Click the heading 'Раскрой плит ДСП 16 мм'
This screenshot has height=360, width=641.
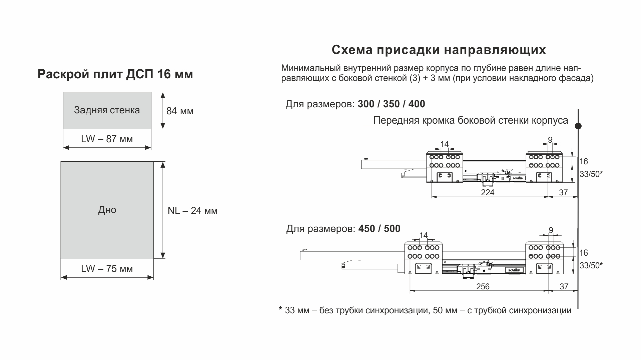[x=115, y=74]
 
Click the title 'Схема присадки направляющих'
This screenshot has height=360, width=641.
[x=439, y=50]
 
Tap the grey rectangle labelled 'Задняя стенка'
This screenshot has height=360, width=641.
[x=107, y=110]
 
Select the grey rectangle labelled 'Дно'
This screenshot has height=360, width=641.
[x=107, y=210]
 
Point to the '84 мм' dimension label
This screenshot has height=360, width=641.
[x=180, y=111]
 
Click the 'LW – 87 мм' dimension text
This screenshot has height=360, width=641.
[x=107, y=139]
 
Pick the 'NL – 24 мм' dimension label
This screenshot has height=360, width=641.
[x=192, y=211]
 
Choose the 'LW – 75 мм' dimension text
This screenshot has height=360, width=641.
[x=107, y=269]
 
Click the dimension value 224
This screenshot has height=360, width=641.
[x=488, y=192]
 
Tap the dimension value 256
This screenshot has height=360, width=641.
[x=483, y=286]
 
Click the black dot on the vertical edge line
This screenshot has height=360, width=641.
[x=578, y=126]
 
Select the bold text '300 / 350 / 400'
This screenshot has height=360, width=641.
[x=392, y=104]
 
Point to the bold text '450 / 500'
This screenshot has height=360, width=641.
[x=380, y=229]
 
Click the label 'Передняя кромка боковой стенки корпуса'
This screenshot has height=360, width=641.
[x=471, y=120]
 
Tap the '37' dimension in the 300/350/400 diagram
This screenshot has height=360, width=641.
[x=563, y=192]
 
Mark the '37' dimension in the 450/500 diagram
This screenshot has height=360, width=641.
[x=564, y=286]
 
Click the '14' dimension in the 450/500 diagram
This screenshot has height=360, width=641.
[x=423, y=236]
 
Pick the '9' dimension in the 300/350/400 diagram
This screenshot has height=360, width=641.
[x=550, y=140]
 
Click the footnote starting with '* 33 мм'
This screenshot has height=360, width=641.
[x=425, y=310]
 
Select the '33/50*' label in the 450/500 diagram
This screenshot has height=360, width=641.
[x=591, y=265]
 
